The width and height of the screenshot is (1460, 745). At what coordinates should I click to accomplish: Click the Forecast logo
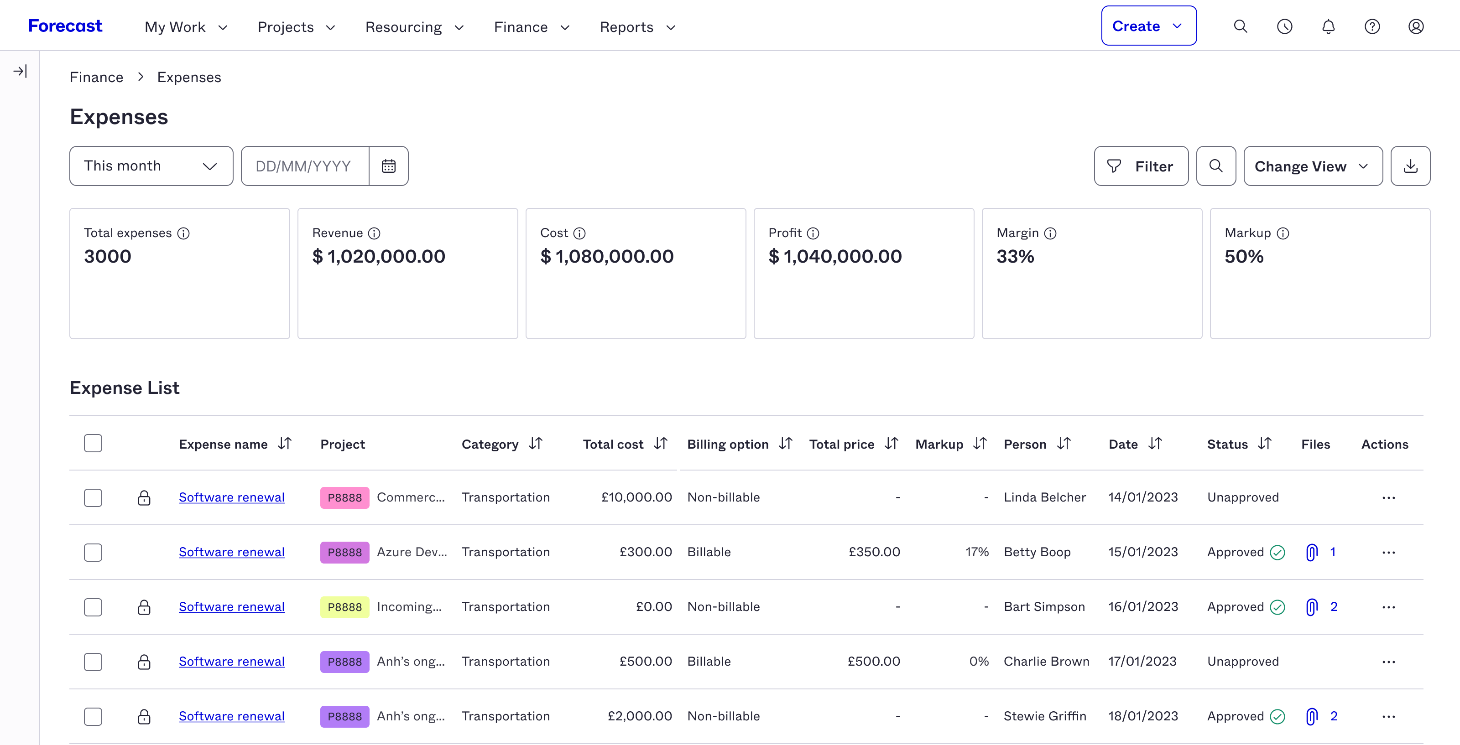point(65,26)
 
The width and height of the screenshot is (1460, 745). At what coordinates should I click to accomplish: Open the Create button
point(1148,26)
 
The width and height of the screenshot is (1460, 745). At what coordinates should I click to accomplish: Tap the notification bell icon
point(1328,26)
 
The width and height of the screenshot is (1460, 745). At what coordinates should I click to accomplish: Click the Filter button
point(1141,166)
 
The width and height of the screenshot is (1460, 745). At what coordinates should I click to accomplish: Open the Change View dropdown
point(1313,166)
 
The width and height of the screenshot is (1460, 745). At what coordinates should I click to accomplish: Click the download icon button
point(1410,166)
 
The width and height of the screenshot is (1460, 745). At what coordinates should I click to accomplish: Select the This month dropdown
point(151,166)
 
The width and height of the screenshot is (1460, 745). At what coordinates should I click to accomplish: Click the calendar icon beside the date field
point(389,166)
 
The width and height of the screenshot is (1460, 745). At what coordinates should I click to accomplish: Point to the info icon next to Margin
point(1050,233)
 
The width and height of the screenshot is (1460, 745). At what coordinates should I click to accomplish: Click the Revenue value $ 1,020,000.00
point(379,257)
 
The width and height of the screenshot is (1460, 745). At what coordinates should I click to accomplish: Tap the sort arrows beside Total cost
point(661,444)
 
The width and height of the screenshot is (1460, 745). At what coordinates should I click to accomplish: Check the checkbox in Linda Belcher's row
point(93,497)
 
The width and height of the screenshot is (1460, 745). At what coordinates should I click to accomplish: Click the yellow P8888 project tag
point(344,607)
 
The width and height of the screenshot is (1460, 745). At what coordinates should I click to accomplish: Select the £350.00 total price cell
point(874,552)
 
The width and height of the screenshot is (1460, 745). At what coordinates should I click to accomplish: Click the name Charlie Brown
point(1046,661)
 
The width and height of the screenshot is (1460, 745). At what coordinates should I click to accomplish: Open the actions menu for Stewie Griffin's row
point(1388,716)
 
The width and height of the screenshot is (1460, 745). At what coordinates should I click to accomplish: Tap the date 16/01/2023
point(1142,607)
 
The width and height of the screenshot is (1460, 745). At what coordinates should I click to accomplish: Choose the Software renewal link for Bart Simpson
point(231,607)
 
